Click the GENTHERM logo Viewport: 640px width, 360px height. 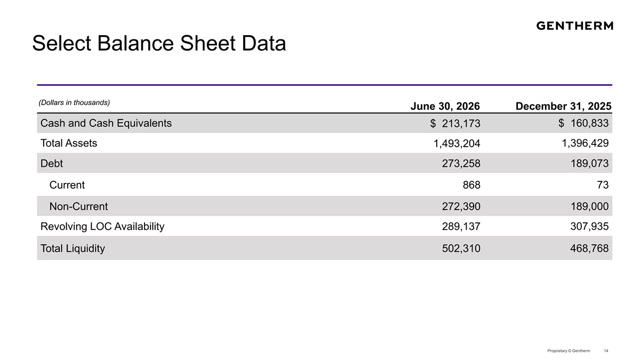[574, 26]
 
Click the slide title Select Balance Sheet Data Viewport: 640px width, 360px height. [159, 43]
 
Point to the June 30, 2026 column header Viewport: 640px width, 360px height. [445, 106]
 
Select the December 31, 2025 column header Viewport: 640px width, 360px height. [563, 106]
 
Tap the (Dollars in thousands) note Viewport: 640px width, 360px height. [74, 102]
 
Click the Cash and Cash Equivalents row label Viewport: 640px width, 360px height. [106, 123]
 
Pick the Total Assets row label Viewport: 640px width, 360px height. [69, 143]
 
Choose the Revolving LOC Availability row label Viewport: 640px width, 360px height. [102, 227]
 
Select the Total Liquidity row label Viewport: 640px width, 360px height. [73, 249]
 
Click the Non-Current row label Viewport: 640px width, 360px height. [78, 206]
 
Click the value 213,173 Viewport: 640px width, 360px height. [461, 123]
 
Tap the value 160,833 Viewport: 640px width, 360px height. [589, 123]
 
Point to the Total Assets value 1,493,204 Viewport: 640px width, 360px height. [457, 143]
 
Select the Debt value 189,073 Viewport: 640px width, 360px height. [589, 163]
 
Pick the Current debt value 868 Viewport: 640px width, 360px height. [471, 185]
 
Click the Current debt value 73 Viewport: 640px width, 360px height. [603, 185]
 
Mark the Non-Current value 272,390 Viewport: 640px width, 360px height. [461, 206]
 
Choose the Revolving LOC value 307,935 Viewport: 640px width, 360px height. [589, 227]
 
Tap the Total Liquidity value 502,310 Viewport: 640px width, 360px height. [461, 249]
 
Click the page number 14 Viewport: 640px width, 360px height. [606, 350]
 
